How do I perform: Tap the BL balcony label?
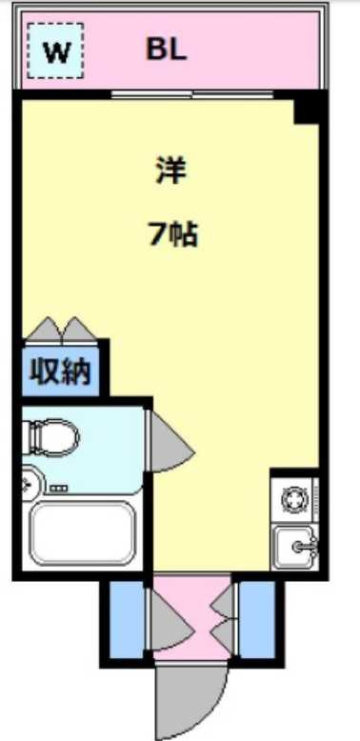pos(166,50)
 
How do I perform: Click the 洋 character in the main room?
pos(171,171)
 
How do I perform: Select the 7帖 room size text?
pos(171,233)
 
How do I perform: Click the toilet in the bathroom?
pos(52,437)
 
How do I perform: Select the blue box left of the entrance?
pos(123,620)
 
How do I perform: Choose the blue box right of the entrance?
pos(256,620)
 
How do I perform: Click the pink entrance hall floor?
pos(190,619)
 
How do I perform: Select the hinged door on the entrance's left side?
pos(162,620)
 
